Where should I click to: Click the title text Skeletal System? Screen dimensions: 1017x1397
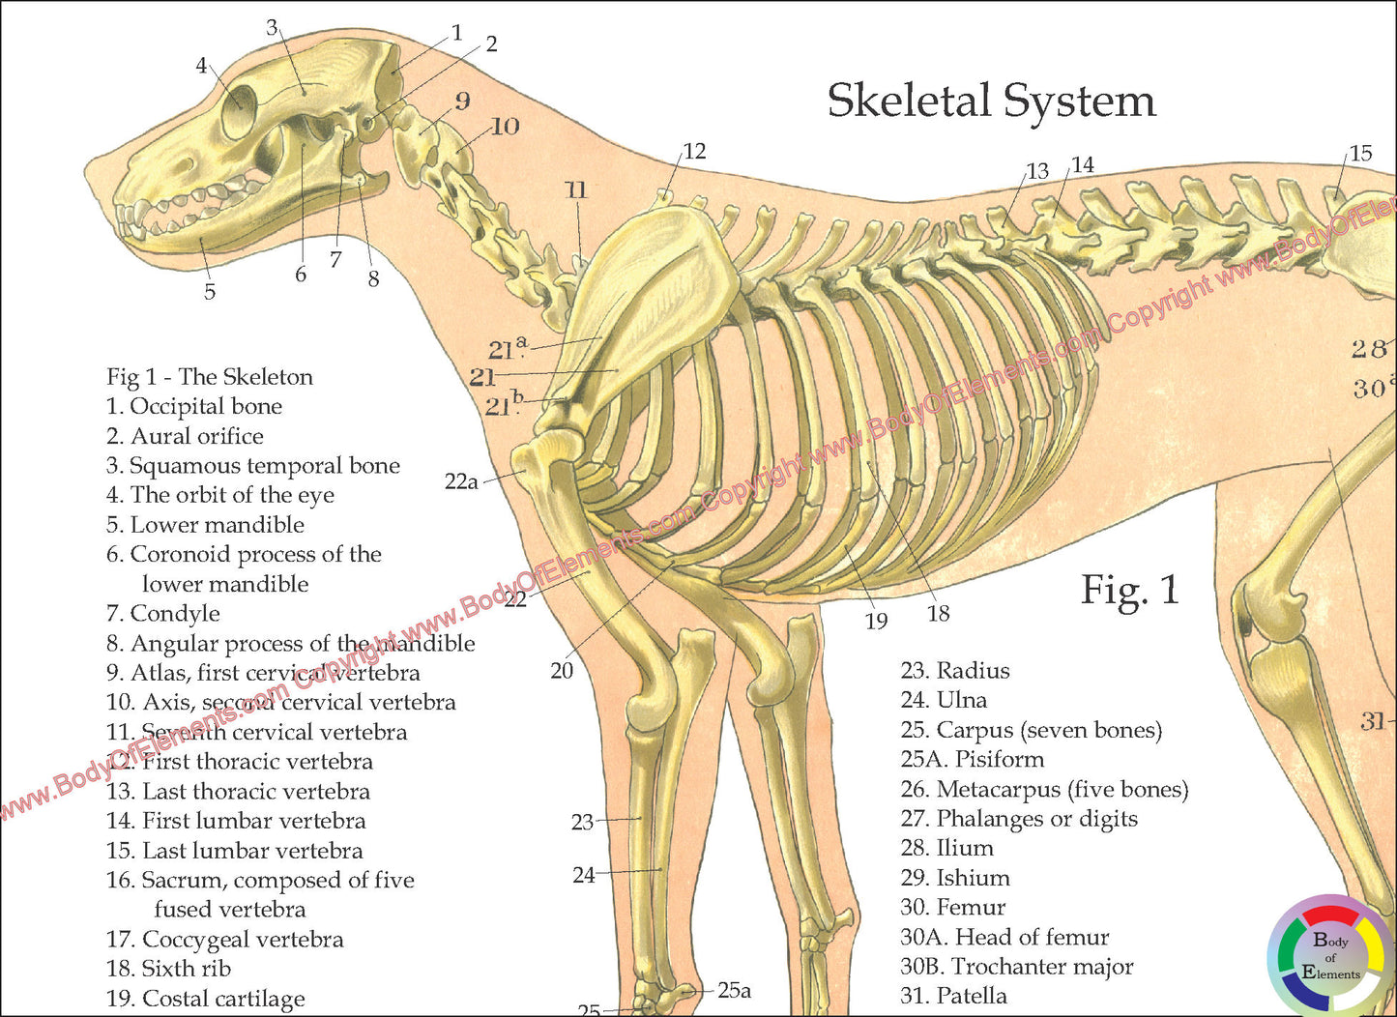point(991,102)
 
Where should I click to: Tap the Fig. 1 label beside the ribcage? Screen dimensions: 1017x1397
point(1129,590)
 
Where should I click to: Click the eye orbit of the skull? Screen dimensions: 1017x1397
point(239,111)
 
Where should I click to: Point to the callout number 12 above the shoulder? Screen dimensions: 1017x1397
point(694,151)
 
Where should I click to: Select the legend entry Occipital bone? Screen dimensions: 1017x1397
point(194,407)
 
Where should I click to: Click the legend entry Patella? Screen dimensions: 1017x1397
point(953,996)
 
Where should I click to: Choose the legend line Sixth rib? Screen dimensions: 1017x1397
point(169,969)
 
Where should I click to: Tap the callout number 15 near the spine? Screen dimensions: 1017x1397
point(1360,153)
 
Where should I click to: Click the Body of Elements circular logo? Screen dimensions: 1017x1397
point(1330,956)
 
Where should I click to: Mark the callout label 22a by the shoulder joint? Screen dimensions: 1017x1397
point(461,480)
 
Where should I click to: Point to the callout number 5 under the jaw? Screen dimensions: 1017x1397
point(210,292)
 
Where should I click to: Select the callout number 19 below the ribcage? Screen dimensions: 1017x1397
point(876,621)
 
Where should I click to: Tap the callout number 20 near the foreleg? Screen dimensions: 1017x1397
point(562,670)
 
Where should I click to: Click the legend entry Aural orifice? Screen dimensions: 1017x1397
point(185,437)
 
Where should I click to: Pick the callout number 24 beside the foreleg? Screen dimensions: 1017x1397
point(583,875)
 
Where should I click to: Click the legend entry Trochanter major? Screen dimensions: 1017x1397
point(1017,967)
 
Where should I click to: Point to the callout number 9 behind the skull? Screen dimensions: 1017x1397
point(462,101)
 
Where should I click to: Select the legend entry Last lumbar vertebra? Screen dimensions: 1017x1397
point(235,851)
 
